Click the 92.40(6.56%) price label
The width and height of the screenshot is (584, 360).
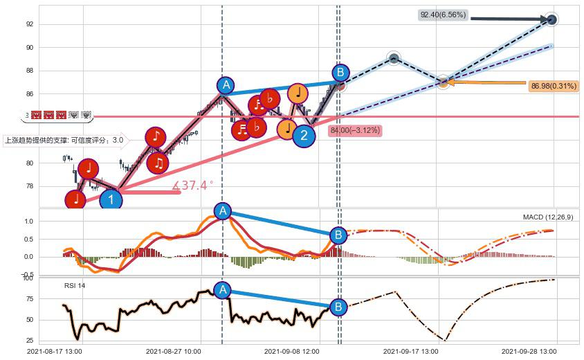point(444,15)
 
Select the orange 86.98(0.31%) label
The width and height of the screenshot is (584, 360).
point(554,87)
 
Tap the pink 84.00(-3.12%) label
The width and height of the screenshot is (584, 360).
point(356,130)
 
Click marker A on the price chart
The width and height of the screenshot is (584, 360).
point(225,85)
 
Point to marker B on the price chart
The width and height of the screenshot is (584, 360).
point(340,73)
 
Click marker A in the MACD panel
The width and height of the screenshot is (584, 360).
point(222,211)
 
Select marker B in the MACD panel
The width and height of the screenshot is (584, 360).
point(338,235)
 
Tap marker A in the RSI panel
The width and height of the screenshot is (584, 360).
point(222,290)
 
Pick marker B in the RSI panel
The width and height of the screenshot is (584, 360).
point(338,307)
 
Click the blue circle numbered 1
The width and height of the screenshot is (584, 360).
point(111,201)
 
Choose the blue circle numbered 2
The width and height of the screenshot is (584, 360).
point(304,136)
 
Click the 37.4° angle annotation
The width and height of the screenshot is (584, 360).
point(192,186)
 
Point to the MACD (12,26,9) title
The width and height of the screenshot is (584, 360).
point(548,217)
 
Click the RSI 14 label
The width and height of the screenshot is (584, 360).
point(75,285)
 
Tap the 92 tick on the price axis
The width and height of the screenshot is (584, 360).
point(30,24)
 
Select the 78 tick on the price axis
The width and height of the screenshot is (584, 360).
point(30,186)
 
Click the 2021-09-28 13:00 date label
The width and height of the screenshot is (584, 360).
point(529,352)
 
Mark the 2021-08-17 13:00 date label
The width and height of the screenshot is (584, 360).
point(55,352)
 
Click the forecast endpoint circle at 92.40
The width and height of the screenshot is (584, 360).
point(551,19)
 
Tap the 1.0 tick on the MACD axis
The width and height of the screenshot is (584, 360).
point(28,222)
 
